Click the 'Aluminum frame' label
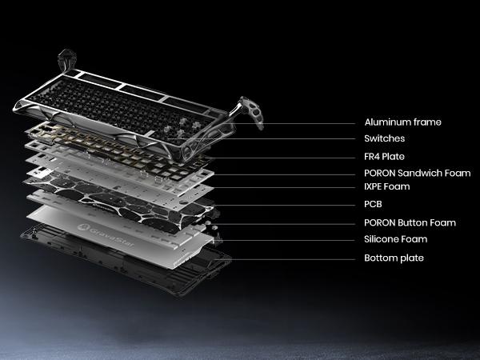(403, 122)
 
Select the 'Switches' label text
(385, 138)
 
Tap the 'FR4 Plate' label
(384, 157)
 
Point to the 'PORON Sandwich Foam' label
(418, 173)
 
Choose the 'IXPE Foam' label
(387, 186)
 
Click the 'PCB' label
(373, 204)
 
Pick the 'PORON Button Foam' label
(410, 222)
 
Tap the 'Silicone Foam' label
(395, 239)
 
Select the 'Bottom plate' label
(394, 258)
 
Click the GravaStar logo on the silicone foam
(106, 235)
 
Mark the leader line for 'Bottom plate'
(285, 259)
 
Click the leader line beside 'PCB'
(283, 205)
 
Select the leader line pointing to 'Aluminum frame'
(294, 124)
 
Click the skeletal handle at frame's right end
(250, 112)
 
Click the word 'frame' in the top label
(427, 122)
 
